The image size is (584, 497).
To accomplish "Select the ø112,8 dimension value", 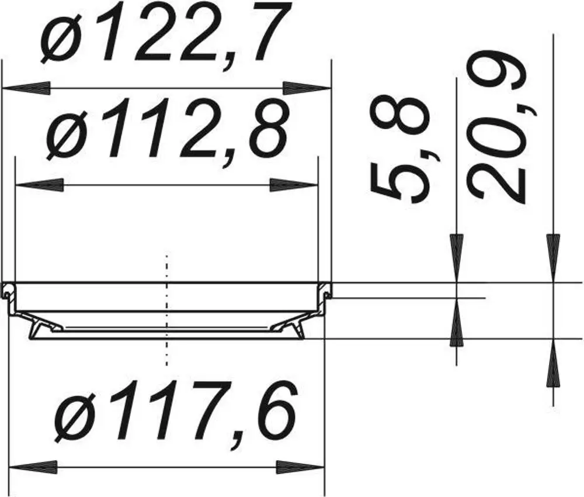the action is pyautogui.click(x=168, y=129).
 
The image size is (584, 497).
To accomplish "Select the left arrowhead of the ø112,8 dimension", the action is pyautogui.click(x=39, y=185).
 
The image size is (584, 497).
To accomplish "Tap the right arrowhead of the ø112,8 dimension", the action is pyautogui.click(x=294, y=185).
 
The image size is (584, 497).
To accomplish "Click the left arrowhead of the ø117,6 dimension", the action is pyautogui.click(x=33, y=467).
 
